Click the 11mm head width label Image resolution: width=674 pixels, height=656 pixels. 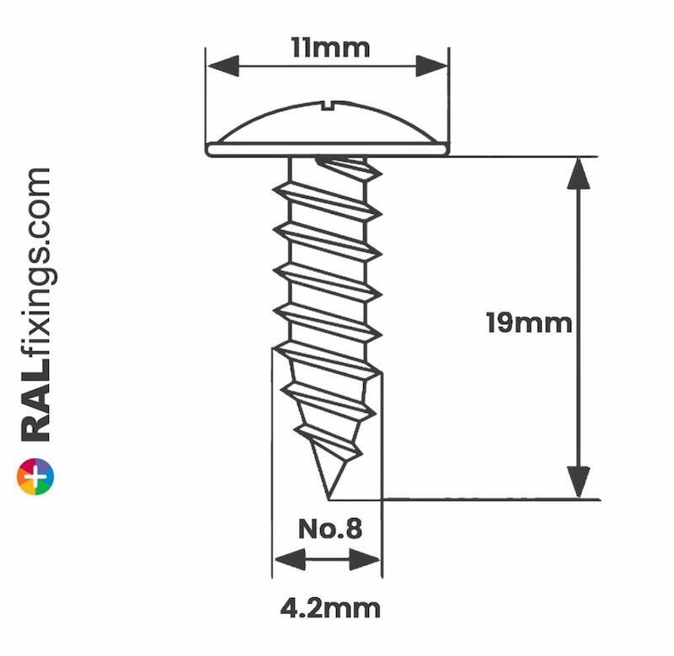tap(329, 47)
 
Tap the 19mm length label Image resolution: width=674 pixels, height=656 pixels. tap(529, 323)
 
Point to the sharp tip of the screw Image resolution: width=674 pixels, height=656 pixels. tap(326, 496)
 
